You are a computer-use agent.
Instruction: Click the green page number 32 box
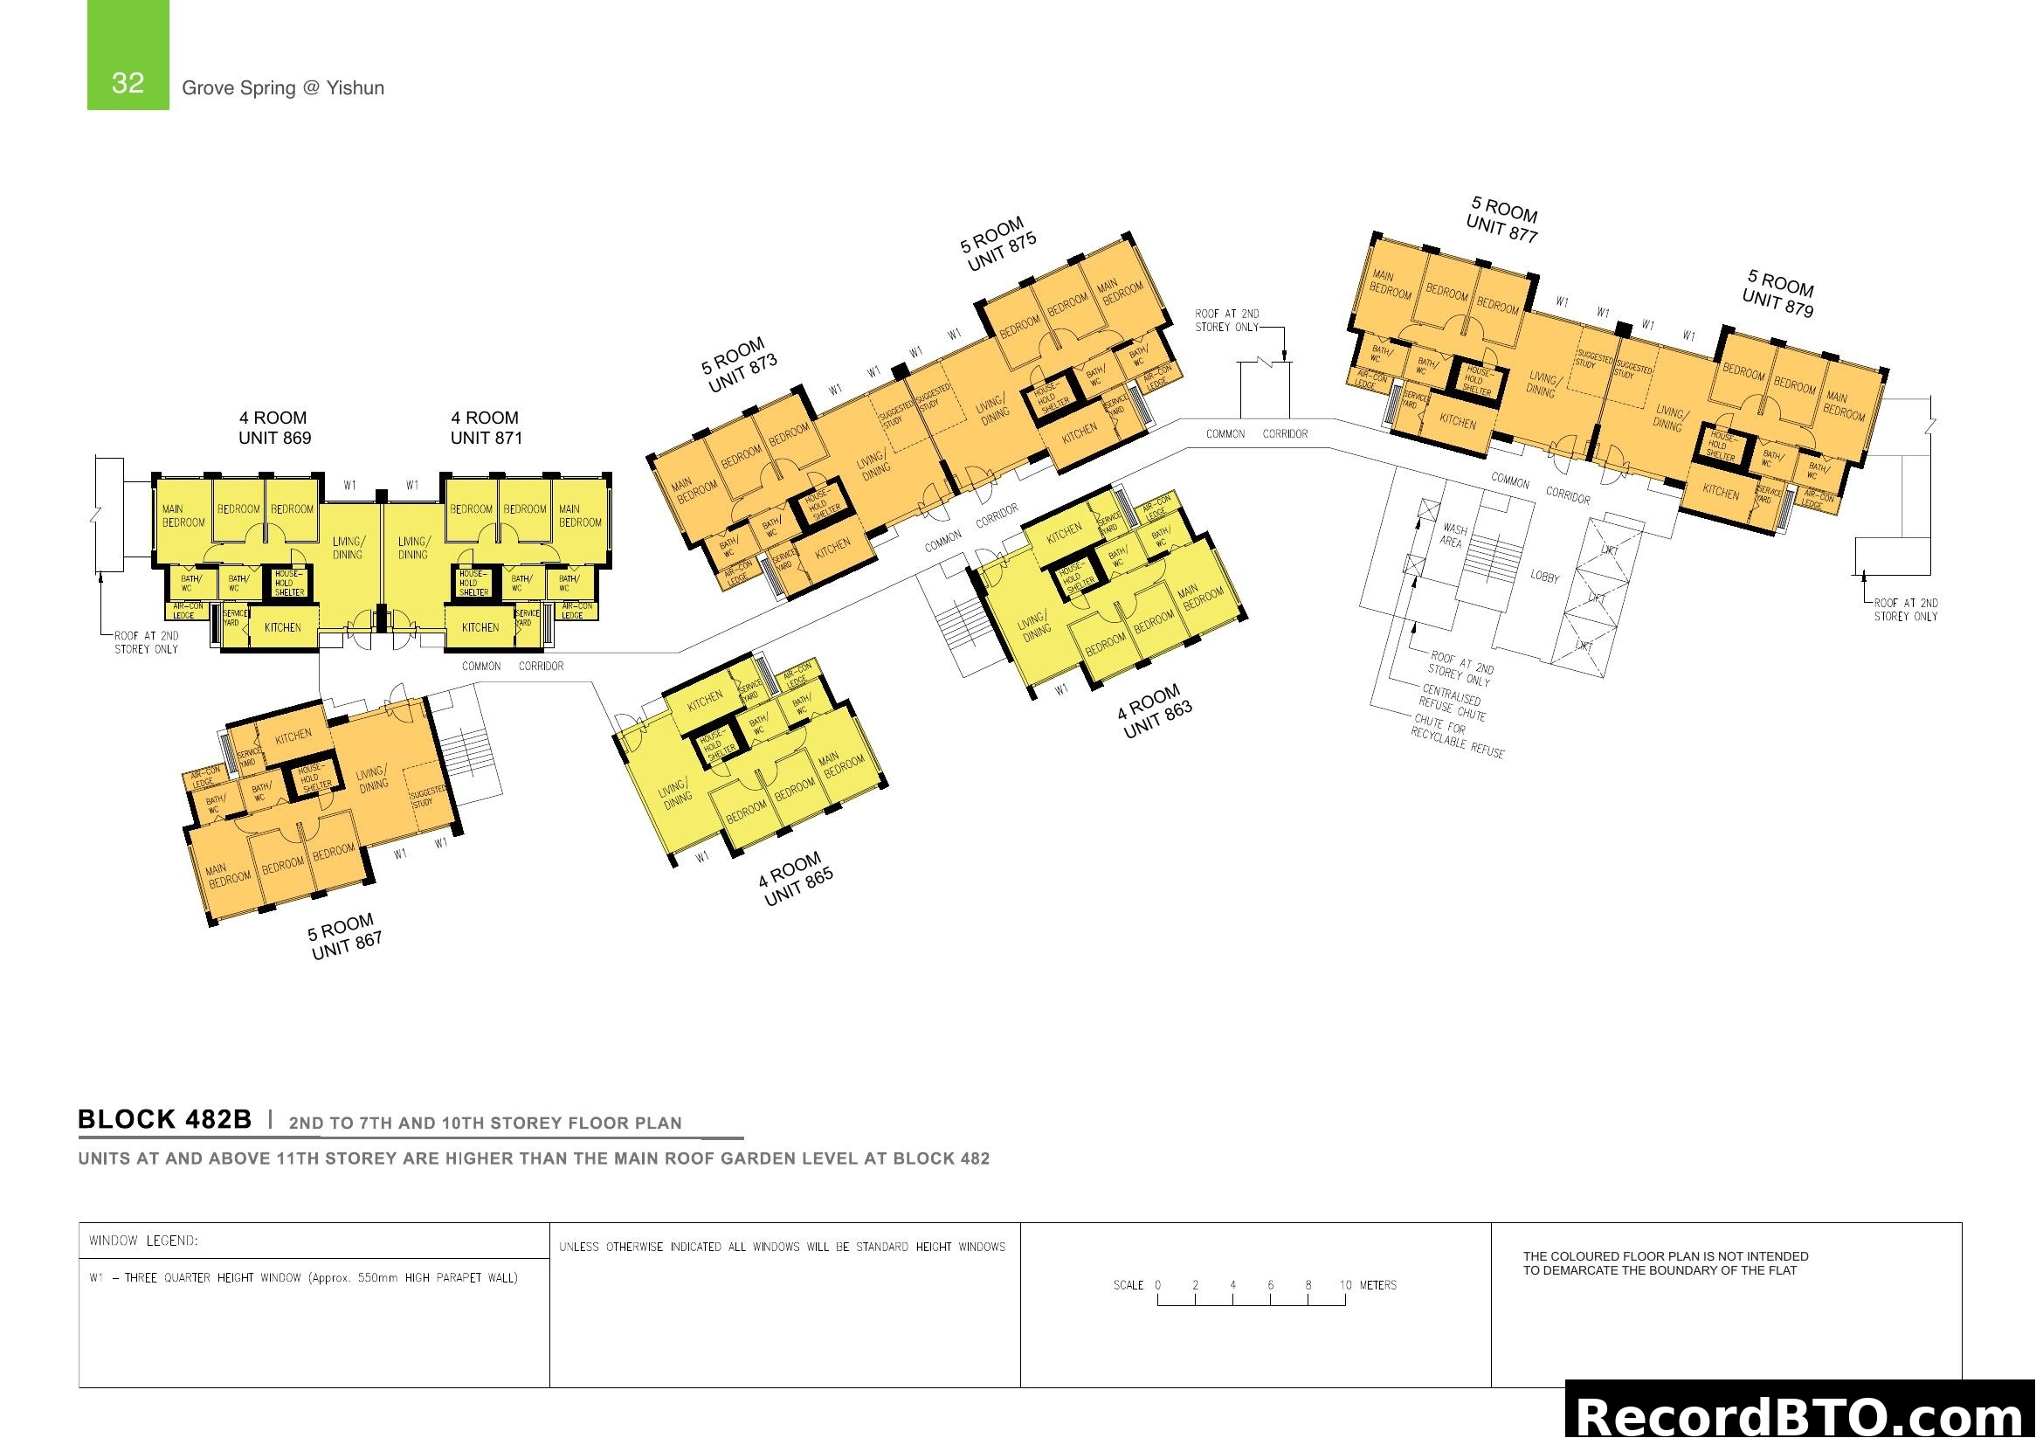pos(128,55)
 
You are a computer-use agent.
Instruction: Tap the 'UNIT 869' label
pos(274,438)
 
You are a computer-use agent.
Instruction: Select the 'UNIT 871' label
pos(486,438)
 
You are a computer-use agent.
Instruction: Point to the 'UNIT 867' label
pos(347,945)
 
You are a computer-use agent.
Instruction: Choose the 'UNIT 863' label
pos(1157,720)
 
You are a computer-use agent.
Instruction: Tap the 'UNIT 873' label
pos(743,374)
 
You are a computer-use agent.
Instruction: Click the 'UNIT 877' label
pos(1502,228)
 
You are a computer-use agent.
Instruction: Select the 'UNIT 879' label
pos(1777,302)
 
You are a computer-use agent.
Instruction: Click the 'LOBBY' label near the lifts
pos(1545,577)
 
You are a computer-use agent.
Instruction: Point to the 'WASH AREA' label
pos(1453,536)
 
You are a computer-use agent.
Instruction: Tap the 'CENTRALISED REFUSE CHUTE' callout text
pos(1453,702)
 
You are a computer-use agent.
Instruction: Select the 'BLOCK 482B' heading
pos(165,1119)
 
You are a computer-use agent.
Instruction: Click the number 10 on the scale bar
pos(1345,1285)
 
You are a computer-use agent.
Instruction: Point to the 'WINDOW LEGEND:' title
pos(143,1241)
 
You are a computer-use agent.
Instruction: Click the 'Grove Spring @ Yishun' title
pos(283,88)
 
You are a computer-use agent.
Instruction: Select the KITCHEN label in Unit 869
pos(283,627)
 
